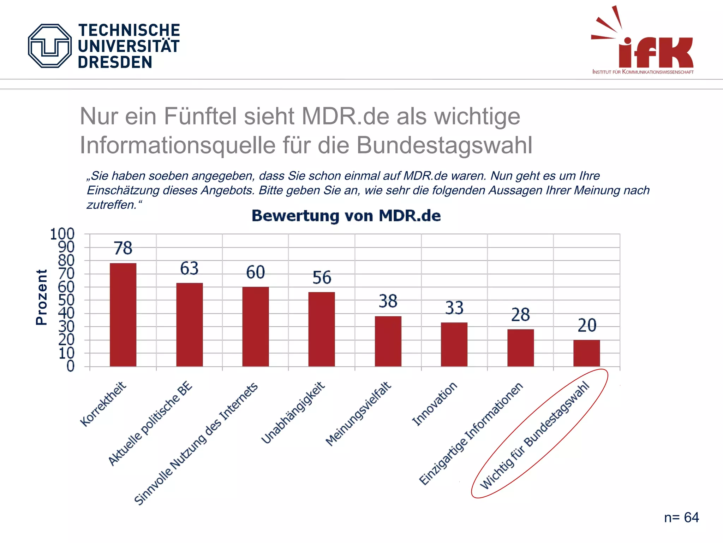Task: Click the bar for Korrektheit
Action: point(123,315)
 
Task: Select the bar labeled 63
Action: point(190,325)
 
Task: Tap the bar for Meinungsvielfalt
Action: point(388,341)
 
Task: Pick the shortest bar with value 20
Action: point(586,353)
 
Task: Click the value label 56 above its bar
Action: point(322,278)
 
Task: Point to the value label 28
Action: point(520,315)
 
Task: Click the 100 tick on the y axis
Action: point(62,234)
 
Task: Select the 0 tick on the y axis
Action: point(71,366)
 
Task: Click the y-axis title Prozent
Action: point(42,297)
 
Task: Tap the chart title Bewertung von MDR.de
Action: point(346,216)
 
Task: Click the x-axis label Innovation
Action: point(435,404)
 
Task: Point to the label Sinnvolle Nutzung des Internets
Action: point(196,444)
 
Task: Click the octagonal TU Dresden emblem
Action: point(50,46)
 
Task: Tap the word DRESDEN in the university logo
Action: point(115,62)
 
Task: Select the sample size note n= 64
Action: point(681,518)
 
